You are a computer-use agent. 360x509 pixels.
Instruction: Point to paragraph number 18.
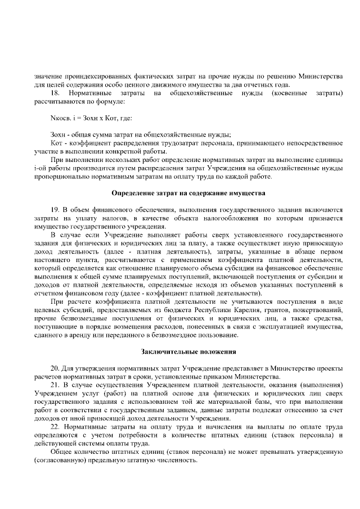55,92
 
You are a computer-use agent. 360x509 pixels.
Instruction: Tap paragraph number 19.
55,210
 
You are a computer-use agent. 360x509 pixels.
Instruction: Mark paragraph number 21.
55,385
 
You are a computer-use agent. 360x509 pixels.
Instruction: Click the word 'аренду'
93,336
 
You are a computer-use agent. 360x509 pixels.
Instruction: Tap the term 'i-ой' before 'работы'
40,168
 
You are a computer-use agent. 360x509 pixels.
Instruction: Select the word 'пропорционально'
61,177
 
